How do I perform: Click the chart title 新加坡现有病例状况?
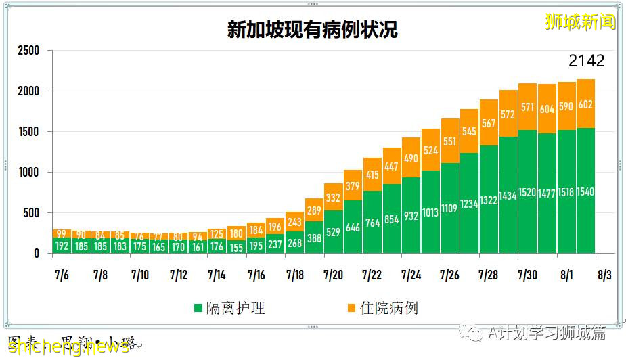tap(312, 30)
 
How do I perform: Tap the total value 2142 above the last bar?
tap(586, 61)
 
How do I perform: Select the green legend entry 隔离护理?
tap(229, 309)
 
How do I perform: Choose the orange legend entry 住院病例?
tap(382, 309)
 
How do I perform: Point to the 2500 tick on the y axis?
tap(28, 51)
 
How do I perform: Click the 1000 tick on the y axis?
tap(28, 173)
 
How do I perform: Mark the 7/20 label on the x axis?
tap(333, 275)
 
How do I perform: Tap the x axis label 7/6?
tap(62, 275)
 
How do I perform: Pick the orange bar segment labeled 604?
tap(547, 109)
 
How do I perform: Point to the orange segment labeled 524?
tap(430, 150)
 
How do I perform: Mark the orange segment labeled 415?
tap(372, 174)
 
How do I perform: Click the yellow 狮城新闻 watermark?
tap(580, 22)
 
